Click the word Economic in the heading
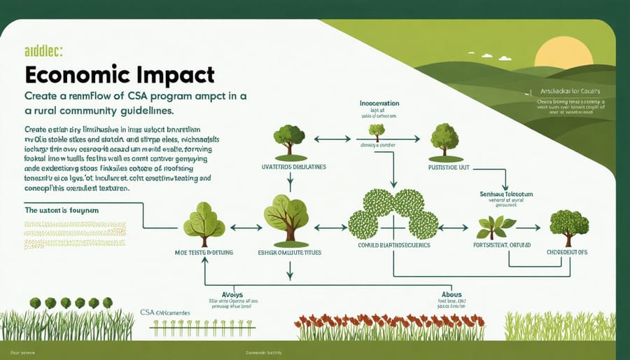click(x=73, y=76)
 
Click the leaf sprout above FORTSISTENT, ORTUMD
click(x=496, y=227)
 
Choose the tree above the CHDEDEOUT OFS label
click(x=569, y=224)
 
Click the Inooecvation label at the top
click(x=379, y=103)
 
